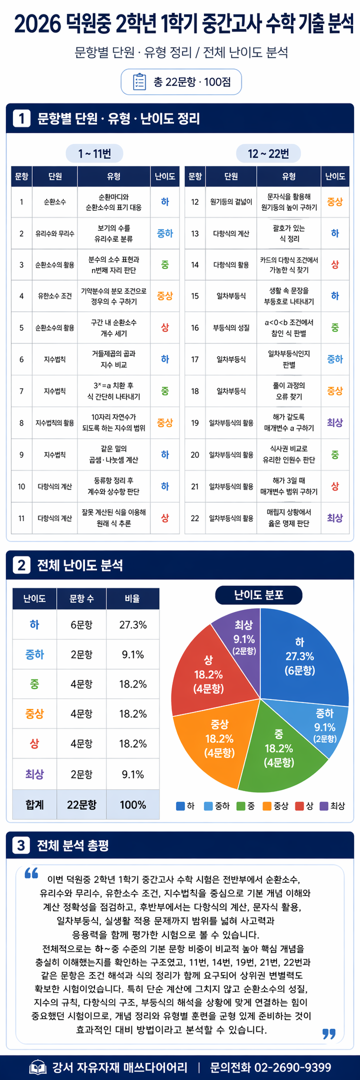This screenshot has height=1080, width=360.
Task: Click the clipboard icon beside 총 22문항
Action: point(139,82)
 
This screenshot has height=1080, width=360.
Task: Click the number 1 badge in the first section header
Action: point(21,118)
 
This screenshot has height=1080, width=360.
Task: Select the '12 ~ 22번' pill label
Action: point(269,153)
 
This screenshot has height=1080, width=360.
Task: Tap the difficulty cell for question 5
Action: point(165,328)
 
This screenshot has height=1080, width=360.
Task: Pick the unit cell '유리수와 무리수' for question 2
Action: point(55,233)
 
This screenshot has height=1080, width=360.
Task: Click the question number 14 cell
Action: point(195,265)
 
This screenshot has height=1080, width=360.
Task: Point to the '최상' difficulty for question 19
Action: point(335,423)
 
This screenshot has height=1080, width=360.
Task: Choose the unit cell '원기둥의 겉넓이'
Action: point(231,202)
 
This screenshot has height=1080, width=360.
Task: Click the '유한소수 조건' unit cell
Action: point(55,296)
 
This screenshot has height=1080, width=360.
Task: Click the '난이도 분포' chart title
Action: point(259,595)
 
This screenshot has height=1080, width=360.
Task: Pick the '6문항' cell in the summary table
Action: point(82,625)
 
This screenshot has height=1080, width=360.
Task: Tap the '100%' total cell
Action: point(133,805)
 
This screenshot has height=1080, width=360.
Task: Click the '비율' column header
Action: point(133,599)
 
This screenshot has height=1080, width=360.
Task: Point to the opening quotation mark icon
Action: point(31,873)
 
